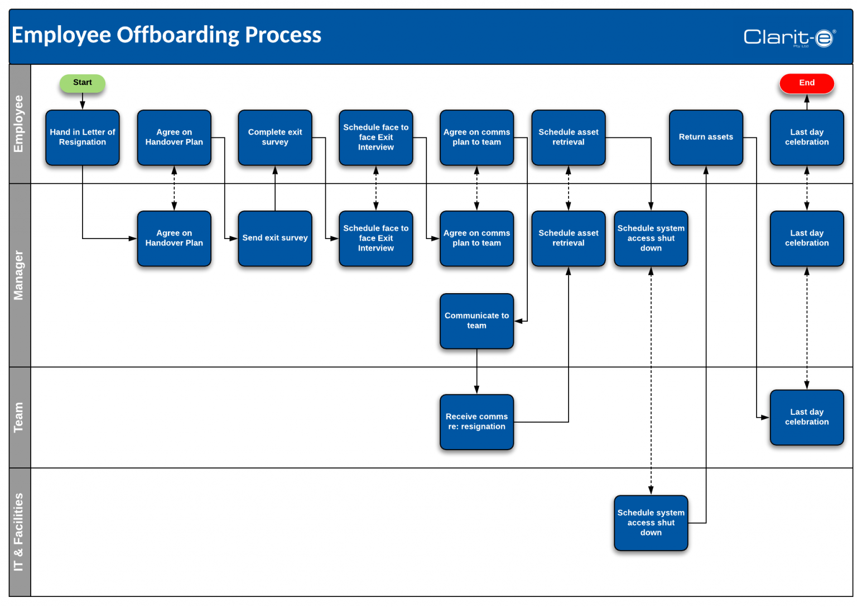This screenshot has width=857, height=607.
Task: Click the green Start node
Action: click(x=82, y=83)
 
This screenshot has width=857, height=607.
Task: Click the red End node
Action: click(x=806, y=83)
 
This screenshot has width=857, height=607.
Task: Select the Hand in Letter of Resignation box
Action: click(x=82, y=137)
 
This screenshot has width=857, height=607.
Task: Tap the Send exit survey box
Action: click(x=275, y=238)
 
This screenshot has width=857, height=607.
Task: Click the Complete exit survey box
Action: click(x=275, y=137)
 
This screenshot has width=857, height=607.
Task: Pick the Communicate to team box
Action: click(x=476, y=321)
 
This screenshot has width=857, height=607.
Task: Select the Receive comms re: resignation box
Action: click(x=476, y=422)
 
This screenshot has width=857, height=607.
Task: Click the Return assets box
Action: click(x=706, y=137)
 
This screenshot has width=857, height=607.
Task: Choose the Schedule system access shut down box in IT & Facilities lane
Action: click(x=651, y=523)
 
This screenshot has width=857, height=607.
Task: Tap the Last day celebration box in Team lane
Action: click(x=806, y=417)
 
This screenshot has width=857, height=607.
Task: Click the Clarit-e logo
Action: click(x=789, y=37)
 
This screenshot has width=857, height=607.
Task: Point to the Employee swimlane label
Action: click(x=19, y=124)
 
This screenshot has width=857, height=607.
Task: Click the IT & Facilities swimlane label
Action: click(x=19, y=532)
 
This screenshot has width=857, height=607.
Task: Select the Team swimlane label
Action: click(x=19, y=417)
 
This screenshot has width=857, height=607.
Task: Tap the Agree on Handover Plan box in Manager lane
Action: click(x=174, y=238)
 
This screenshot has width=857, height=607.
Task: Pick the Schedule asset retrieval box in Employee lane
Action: click(x=568, y=137)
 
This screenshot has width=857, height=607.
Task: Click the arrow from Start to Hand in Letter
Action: click(x=83, y=101)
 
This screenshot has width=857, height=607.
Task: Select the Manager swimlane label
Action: click(x=19, y=275)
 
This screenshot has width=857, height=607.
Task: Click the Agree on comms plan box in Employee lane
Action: click(x=476, y=137)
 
